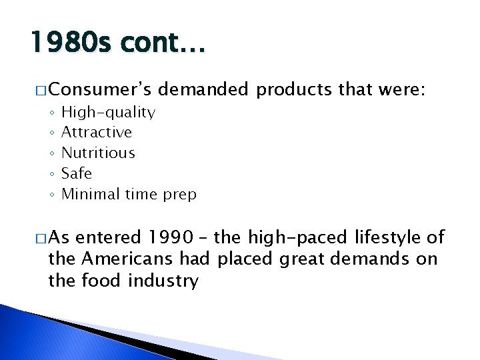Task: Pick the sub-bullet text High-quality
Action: point(108,112)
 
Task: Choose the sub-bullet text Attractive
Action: point(97,133)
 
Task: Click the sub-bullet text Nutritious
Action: point(98,153)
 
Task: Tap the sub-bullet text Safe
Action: point(77,173)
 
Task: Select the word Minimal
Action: point(88,194)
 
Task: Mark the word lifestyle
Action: point(385,237)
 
